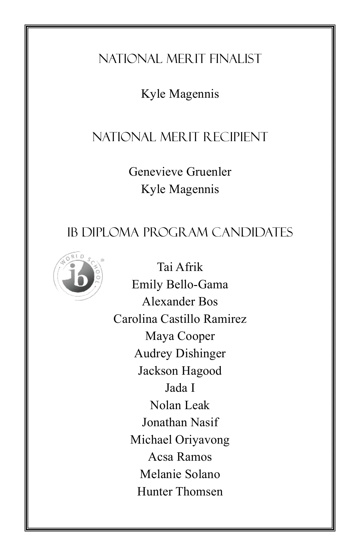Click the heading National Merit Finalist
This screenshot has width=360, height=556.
pyautogui.click(x=180, y=59)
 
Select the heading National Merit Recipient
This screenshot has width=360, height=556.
pyautogui.click(x=180, y=137)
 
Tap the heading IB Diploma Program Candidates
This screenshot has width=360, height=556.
pyautogui.click(x=180, y=232)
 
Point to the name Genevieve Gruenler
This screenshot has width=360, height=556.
pyautogui.click(x=180, y=172)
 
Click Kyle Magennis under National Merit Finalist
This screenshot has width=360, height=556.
pyautogui.click(x=180, y=94)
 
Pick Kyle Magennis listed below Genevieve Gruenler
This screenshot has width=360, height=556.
pyautogui.click(x=180, y=189)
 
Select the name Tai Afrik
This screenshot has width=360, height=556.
pyautogui.click(x=180, y=267)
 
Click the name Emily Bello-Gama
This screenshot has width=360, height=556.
pyautogui.click(x=180, y=284)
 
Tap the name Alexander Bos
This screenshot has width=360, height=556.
pyautogui.click(x=180, y=301)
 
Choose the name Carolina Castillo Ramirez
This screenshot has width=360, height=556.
pyautogui.click(x=180, y=319)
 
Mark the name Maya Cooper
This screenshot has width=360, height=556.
pyautogui.click(x=180, y=336)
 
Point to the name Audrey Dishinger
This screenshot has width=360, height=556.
pyautogui.click(x=180, y=353)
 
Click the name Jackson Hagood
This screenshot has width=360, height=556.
pyautogui.click(x=180, y=371)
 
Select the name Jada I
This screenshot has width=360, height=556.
pyautogui.click(x=180, y=388)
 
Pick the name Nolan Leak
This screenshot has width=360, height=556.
pyautogui.click(x=180, y=405)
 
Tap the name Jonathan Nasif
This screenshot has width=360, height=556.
pyautogui.click(x=180, y=422)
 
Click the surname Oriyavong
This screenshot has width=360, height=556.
pyautogui.click(x=202, y=440)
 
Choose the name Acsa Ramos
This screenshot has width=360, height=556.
pyautogui.click(x=180, y=457)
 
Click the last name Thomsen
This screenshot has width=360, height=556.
pyautogui.click(x=199, y=492)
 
